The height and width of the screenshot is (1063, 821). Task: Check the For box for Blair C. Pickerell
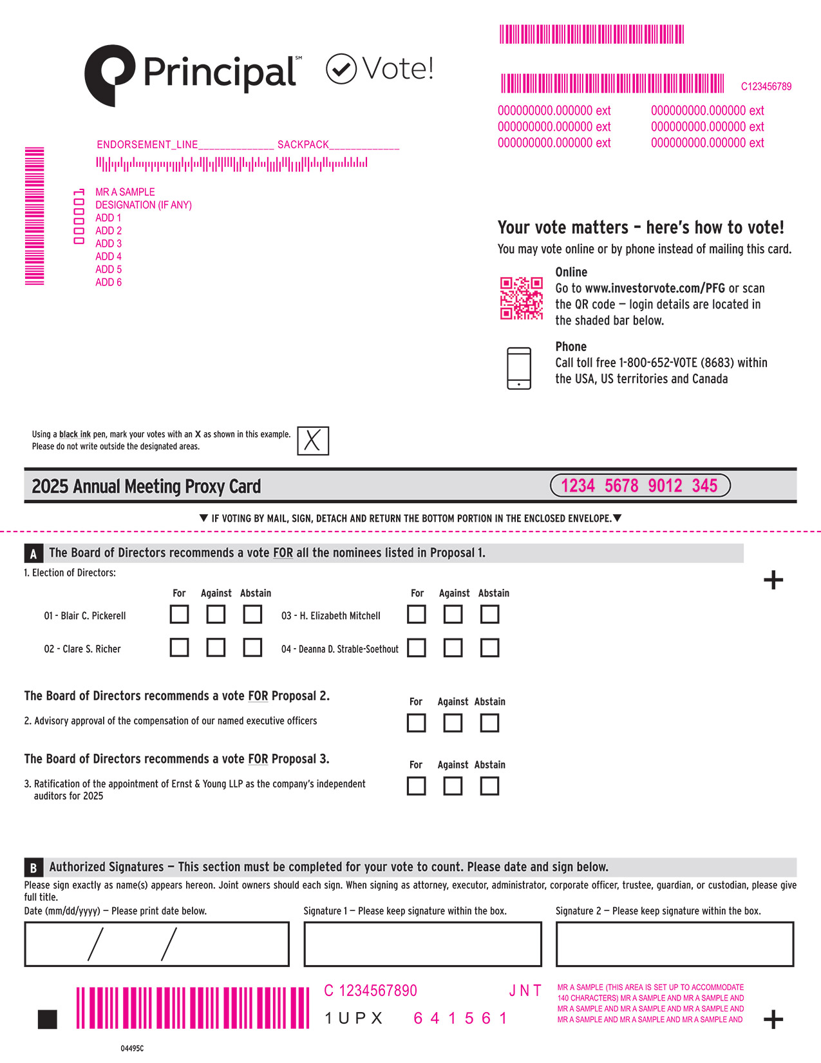pyautogui.click(x=179, y=615)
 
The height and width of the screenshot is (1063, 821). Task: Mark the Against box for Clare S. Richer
pyautogui.click(x=216, y=647)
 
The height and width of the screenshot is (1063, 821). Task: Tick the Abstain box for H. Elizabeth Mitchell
pyautogui.click(x=489, y=615)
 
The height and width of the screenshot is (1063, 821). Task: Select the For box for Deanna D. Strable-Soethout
pyautogui.click(x=417, y=647)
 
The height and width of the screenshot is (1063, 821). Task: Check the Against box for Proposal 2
pyautogui.click(x=453, y=723)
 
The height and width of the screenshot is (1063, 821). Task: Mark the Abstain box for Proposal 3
pyautogui.click(x=489, y=786)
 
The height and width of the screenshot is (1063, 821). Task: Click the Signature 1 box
pyautogui.click(x=422, y=944)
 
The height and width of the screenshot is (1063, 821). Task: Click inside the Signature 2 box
pyautogui.click(x=674, y=944)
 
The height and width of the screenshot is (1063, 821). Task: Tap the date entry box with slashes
pyautogui.click(x=156, y=944)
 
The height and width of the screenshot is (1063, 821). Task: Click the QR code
pyautogui.click(x=522, y=298)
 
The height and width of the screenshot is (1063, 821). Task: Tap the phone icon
pyautogui.click(x=519, y=369)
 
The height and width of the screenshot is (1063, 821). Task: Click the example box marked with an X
pyautogui.click(x=313, y=441)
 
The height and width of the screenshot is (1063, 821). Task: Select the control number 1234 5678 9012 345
pyautogui.click(x=639, y=486)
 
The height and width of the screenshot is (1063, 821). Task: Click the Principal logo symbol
pyautogui.click(x=109, y=74)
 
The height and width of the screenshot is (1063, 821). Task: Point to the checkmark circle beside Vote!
pyautogui.click(x=341, y=69)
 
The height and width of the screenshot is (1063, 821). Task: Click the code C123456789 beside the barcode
pyautogui.click(x=766, y=86)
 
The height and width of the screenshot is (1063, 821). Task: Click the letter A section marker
pyautogui.click(x=33, y=554)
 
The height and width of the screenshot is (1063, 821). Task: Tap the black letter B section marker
pyautogui.click(x=33, y=868)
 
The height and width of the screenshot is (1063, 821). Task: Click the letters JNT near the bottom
pyautogui.click(x=525, y=991)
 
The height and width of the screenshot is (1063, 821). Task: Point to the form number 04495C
pyautogui.click(x=132, y=1049)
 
